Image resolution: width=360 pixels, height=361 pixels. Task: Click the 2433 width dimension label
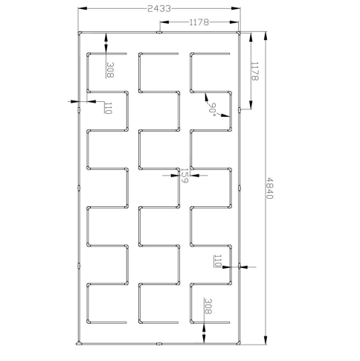(x=159, y=9)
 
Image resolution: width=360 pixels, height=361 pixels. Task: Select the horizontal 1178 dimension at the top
(x=199, y=22)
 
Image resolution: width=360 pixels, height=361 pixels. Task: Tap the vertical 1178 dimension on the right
(x=255, y=71)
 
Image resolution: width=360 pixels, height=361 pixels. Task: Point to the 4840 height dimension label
(x=269, y=188)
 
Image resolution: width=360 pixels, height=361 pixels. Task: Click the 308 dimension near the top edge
(x=110, y=70)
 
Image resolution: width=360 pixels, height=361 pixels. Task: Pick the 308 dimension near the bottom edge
(x=208, y=306)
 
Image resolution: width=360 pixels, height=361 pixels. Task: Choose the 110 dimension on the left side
(x=109, y=108)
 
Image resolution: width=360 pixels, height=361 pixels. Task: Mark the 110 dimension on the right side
(x=217, y=261)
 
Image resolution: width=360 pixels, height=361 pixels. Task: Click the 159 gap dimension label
(x=184, y=176)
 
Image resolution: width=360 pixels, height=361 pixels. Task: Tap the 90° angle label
(x=213, y=109)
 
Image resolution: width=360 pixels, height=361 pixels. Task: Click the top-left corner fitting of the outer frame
(x=80, y=33)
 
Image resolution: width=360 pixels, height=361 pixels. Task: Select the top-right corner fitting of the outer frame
(x=239, y=33)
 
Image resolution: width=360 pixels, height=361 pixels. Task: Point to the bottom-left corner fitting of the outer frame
(x=79, y=343)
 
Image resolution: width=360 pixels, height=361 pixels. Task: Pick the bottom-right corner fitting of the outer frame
(x=239, y=343)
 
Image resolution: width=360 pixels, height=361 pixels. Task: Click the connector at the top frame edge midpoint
(x=159, y=32)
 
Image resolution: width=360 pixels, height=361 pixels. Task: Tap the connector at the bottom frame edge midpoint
(x=159, y=344)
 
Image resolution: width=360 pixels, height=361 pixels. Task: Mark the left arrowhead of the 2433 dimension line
(x=83, y=8)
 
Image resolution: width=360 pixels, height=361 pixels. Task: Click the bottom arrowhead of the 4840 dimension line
(x=266, y=339)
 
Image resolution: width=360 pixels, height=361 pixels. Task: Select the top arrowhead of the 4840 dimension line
(x=266, y=36)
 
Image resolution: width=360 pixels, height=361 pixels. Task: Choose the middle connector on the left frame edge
(x=79, y=188)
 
